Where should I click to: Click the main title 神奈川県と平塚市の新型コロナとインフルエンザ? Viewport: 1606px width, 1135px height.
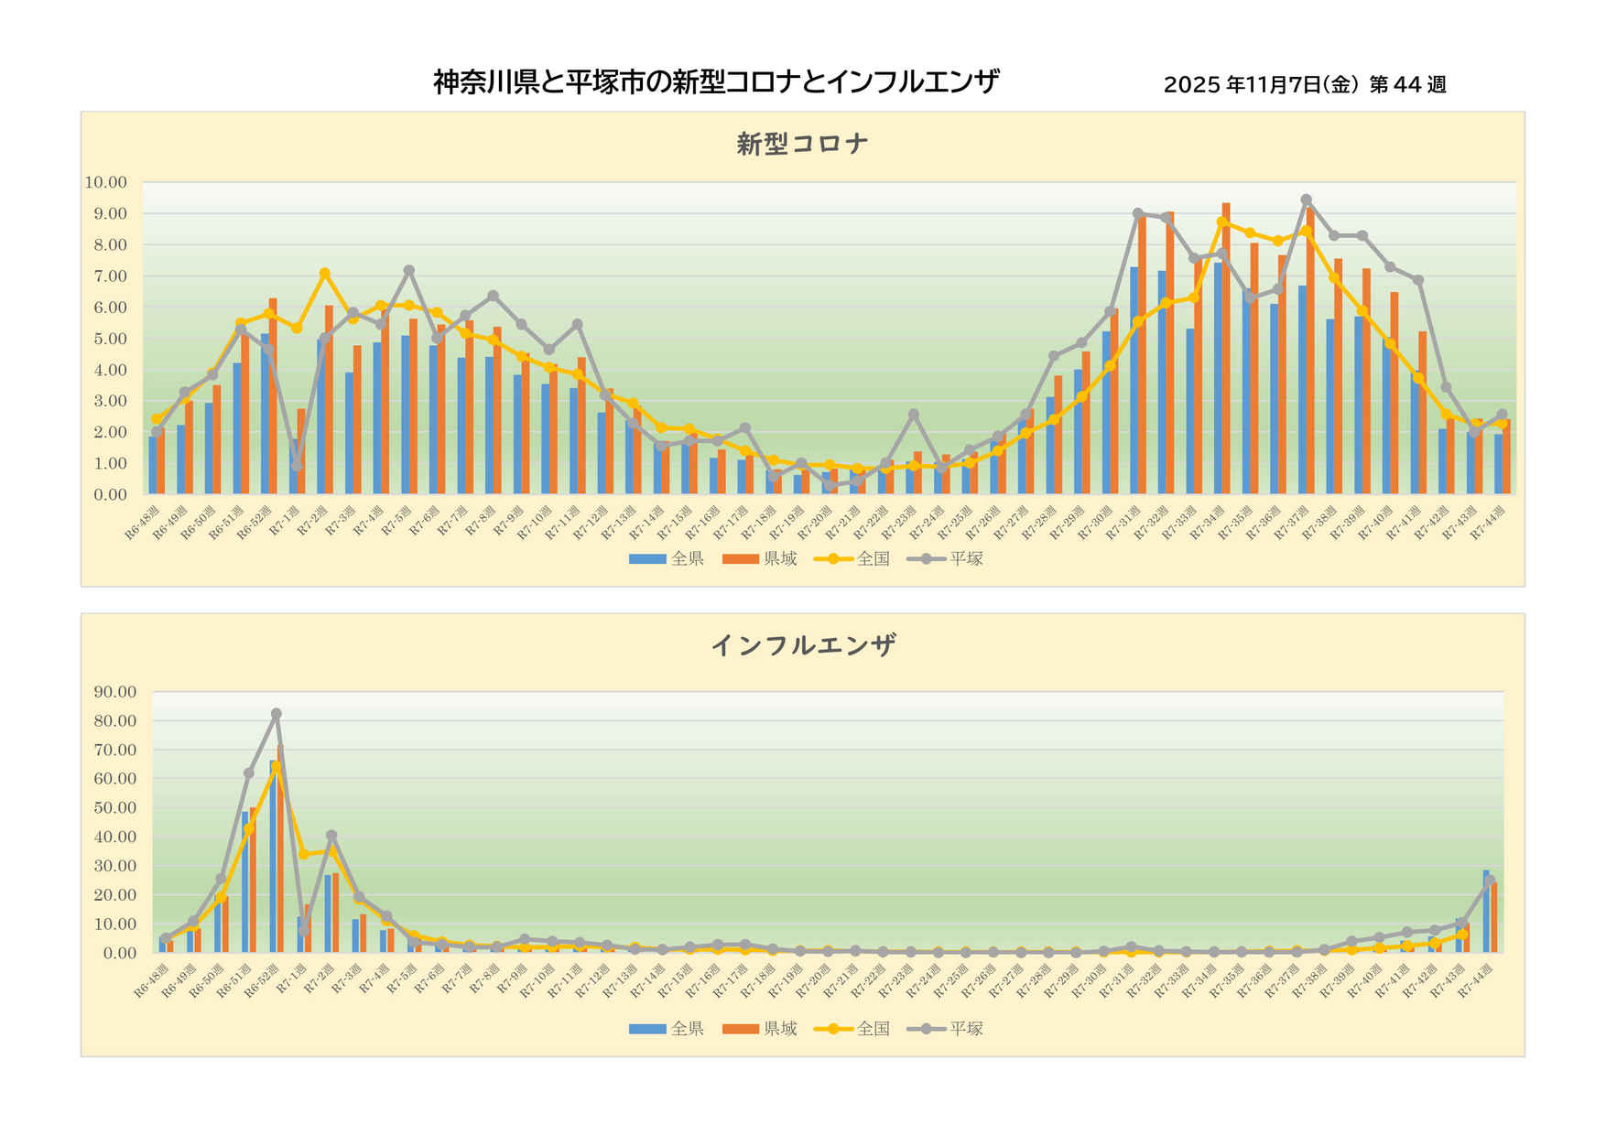pos(715,82)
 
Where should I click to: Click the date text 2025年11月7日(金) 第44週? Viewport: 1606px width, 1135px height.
pos(1304,85)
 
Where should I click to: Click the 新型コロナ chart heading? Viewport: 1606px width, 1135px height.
pos(802,144)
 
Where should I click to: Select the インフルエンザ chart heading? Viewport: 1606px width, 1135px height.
pos(802,645)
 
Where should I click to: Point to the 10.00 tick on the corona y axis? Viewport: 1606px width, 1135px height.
pos(105,182)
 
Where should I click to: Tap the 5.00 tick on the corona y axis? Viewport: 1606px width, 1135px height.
pos(109,339)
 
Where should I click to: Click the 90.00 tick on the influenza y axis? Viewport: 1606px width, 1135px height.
pos(114,692)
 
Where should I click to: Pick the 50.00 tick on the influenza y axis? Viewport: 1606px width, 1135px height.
pos(114,808)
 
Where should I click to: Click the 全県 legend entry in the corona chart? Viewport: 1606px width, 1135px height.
pos(667,558)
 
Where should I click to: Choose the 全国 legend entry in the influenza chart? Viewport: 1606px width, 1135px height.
pos(852,1029)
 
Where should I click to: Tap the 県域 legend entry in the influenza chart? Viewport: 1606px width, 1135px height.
pos(760,1029)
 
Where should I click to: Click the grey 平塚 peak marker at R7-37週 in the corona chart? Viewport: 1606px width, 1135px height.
pos(1306,200)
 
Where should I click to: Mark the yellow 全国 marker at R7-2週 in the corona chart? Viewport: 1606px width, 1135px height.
pos(324,273)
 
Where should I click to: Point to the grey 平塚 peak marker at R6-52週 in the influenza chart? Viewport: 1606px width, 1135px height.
pos(276,714)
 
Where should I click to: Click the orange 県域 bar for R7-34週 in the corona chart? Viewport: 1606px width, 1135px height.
pos(1226,348)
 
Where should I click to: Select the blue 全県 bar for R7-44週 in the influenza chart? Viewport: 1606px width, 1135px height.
pos(1486,912)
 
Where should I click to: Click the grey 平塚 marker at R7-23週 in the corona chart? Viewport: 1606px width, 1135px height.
pos(913,414)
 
